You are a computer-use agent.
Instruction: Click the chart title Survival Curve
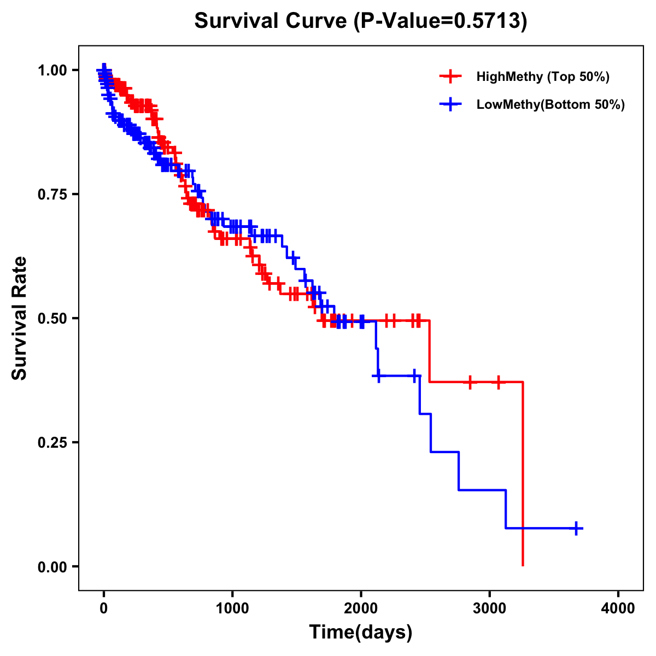click(x=271, y=21)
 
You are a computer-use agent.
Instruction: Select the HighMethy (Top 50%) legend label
click(x=542, y=77)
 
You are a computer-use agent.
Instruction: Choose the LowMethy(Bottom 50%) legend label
click(x=550, y=104)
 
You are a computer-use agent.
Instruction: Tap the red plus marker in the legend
click(x=450, y=77)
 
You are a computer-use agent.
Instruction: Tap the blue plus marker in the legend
click(x=450, y=104)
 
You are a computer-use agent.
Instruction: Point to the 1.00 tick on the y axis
click(x=52, y=70)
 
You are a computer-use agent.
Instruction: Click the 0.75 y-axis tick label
click(x=52, y=194)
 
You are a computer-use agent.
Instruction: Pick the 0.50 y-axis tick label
click(x=52, y=318)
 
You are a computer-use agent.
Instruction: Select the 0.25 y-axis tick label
click(x=52, y=442)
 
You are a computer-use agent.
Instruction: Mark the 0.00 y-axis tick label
click(x=52, y=566)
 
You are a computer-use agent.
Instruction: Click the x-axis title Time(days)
click(x=361, y=632)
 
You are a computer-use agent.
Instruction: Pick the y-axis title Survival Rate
click(x=20, y=318)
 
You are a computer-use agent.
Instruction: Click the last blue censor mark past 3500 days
click(x=576, y=528)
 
